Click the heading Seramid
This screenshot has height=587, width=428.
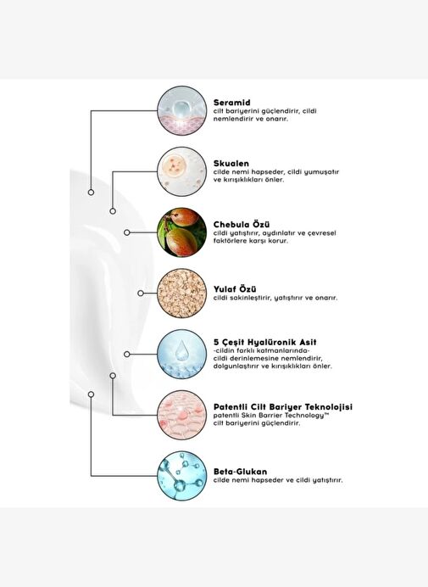(x=231, y=103)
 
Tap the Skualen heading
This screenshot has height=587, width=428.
(x=231, y=164)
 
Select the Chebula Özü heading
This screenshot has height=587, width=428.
(x=242, y=225)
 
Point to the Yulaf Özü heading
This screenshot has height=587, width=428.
(x=235, y=289)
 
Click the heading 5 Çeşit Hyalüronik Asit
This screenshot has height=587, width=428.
(x=265, y=342)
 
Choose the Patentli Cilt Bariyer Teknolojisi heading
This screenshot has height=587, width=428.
(x=283, y=407)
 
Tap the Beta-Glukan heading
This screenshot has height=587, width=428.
(x=240, y=472)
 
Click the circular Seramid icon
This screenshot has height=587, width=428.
(x=182, y=111)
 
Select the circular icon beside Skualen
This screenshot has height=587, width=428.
(x=182, y=171)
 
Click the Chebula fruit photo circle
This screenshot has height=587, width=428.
(x=182, y=232)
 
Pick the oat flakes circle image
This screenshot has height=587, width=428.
(x=182, y=293)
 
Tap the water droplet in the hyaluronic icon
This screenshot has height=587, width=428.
(x=181, y=350)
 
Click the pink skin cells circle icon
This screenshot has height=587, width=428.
(x=182, y=415)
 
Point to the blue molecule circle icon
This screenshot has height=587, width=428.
(x=182, y=476)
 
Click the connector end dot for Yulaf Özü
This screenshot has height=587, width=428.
(x=141, y=293)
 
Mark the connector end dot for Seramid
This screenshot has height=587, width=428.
(x=91, y=193)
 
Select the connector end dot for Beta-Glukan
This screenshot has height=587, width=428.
(x=91, y=394)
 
